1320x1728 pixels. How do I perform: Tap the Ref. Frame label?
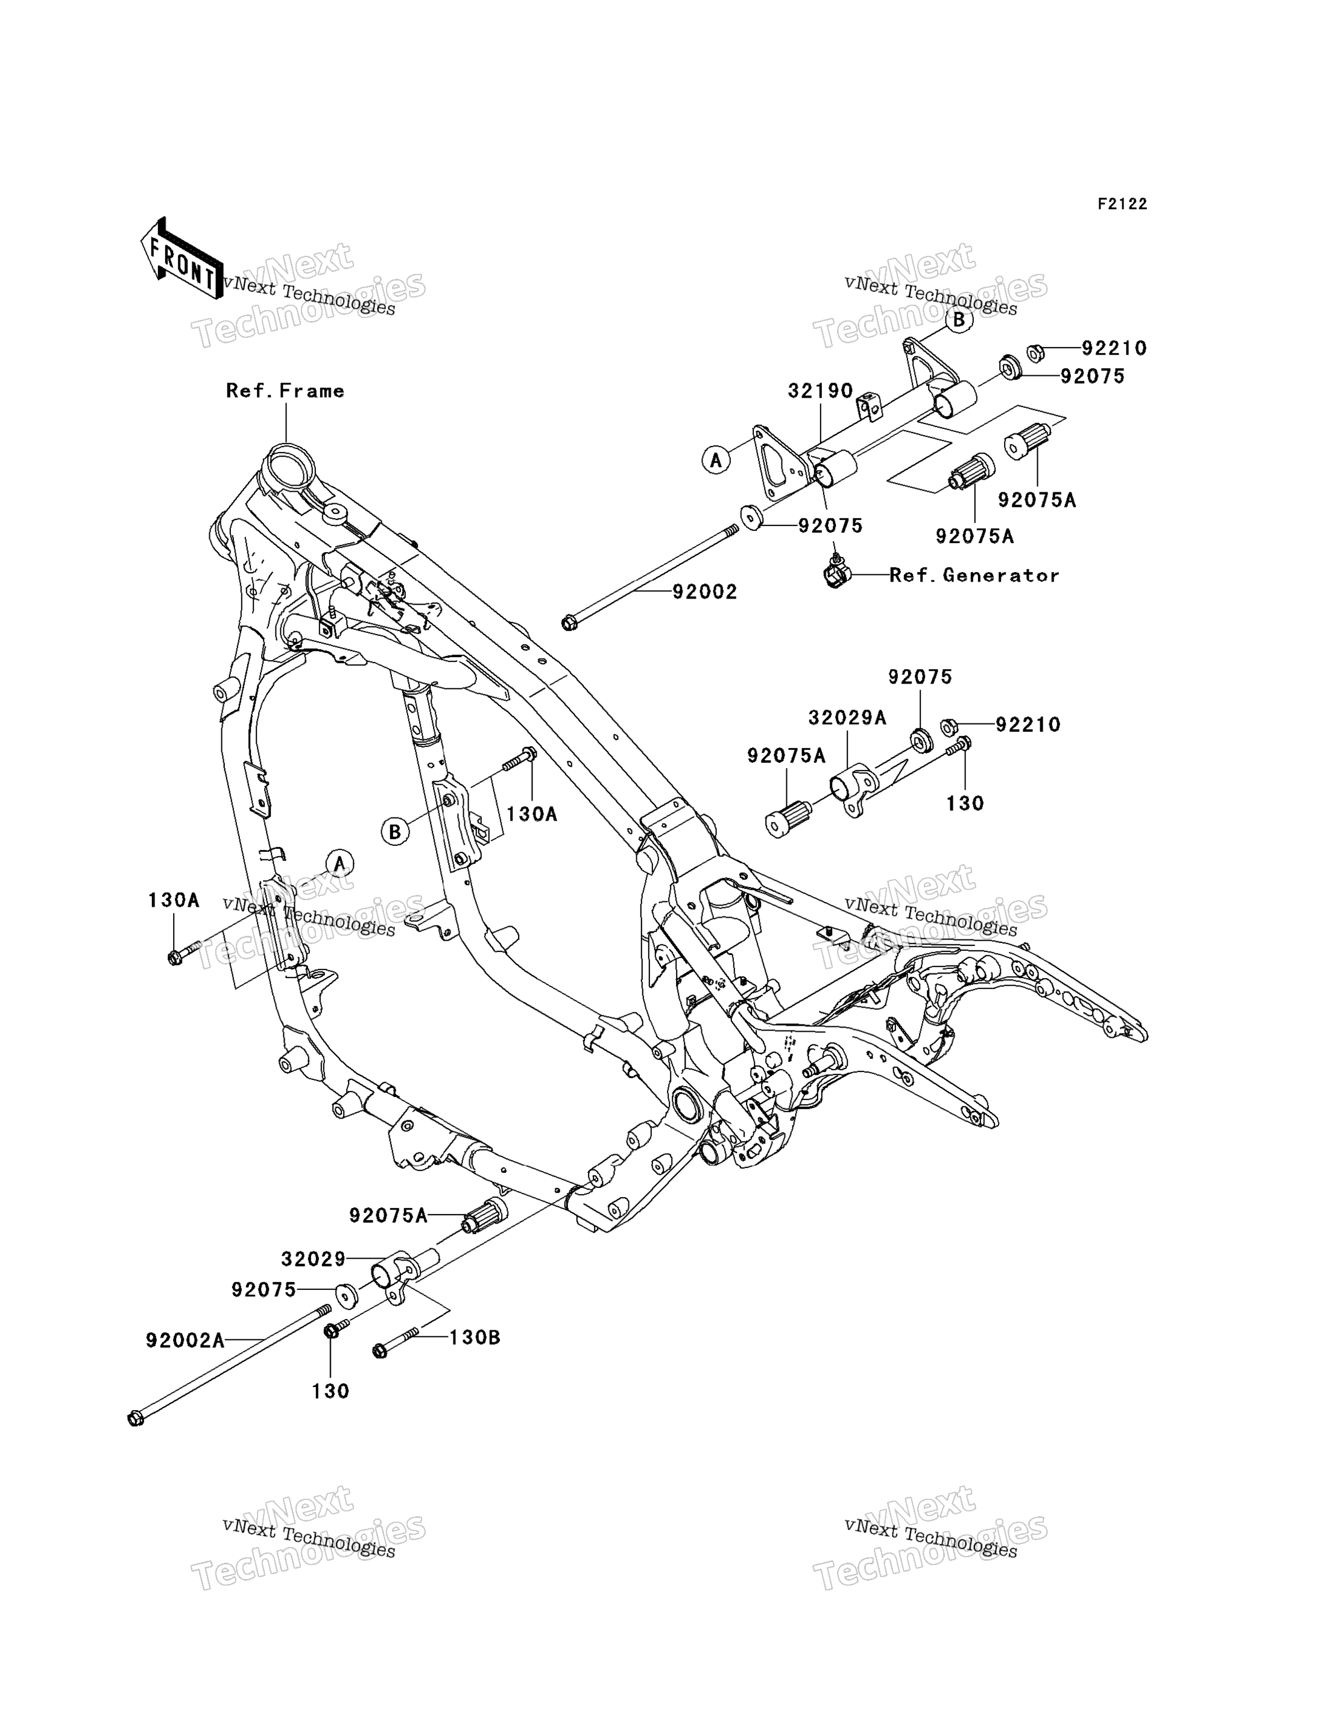[285, 391]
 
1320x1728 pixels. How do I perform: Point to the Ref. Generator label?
[974, 576]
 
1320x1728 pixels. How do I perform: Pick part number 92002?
[705, 592]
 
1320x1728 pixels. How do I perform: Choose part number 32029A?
[847, 718]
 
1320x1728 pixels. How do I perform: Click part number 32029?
[314, 1259]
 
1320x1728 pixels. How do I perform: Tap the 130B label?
[475, 1337]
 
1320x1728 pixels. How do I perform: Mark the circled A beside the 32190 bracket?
[716, 460]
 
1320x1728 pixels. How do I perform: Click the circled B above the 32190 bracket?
[959, 320]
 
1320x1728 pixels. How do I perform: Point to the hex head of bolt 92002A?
[135, 1418]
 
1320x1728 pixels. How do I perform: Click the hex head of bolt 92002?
[570, 623]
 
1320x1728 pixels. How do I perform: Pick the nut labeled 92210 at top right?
[1035, 353]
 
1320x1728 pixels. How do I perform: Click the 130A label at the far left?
[174, 901]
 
